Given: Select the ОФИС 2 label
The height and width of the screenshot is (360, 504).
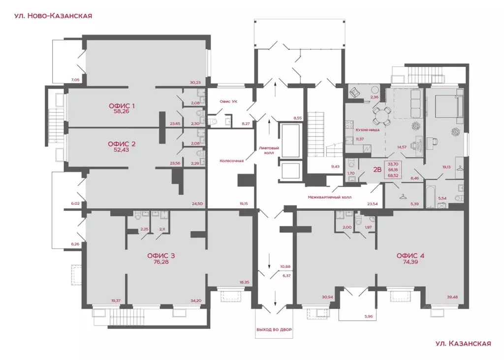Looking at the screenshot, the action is point(122,144).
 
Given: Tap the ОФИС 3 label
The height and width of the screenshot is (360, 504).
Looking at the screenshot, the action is point(161,256).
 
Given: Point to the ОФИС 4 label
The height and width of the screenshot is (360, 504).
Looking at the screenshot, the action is point(410,256).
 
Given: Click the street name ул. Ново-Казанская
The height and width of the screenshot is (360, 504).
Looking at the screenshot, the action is point(53,16).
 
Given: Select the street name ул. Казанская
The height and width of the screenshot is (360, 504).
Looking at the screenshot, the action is point(463,344).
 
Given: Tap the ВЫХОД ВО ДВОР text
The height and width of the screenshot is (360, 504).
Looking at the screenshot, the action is point(274,330).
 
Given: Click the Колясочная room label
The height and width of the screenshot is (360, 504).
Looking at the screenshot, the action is point(231,161).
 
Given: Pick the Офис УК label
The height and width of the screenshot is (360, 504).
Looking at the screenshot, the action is point(228,101).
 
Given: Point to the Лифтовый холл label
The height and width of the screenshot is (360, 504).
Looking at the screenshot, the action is point(269,151).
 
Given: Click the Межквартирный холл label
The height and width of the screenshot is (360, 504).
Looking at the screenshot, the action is point(329,197).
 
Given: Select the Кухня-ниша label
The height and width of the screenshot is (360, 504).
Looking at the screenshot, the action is point(368,130).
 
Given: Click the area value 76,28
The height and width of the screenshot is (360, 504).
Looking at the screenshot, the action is point(161,262).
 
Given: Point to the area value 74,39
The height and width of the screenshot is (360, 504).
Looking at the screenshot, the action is point(410,262).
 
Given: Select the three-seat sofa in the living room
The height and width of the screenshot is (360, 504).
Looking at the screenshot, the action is point(416,103).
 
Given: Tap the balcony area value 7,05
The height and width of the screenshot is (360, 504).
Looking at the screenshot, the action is point(75,80).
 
